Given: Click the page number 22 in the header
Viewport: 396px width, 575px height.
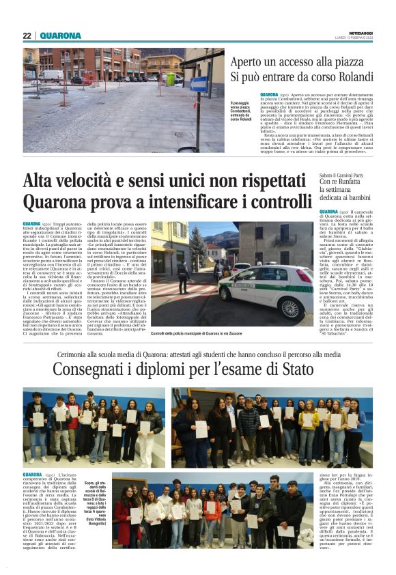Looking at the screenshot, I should [x=27, y=36].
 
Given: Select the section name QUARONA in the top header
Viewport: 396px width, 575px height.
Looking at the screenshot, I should [x=60, y=36].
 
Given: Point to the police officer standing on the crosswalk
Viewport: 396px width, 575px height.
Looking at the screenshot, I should [x=183, y=277].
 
